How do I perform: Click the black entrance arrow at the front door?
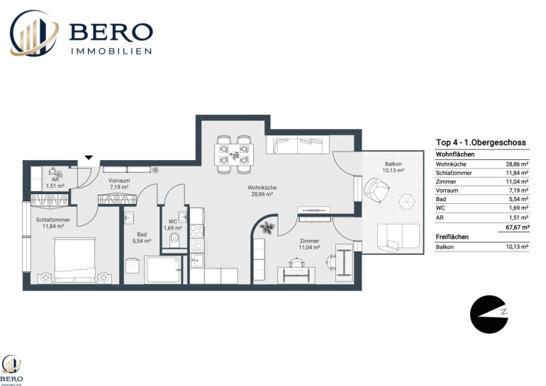(x=89, y=157)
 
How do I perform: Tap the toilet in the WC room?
(x=174, y=239)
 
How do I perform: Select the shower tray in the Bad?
(x=162, y=269)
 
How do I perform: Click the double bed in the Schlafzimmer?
(x=74, y=259)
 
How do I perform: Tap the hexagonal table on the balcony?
(x=406, y=201)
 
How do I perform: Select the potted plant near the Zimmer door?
(x=267, y=228)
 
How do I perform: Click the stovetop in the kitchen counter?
(x=196, y=232)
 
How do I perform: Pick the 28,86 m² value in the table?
(x=517, y=164)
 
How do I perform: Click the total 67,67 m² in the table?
(x=518, y=227)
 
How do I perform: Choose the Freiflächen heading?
(x=452, y=237)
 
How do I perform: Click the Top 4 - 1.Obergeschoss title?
(x=481, y=142)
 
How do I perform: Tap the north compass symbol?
(x=489, y=314)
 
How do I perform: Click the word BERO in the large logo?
(x=111, y=32)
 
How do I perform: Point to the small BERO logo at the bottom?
(x=12, y=370)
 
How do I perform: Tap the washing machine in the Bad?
(x=133, y=266)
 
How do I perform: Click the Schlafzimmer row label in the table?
(x=454, y=173)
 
